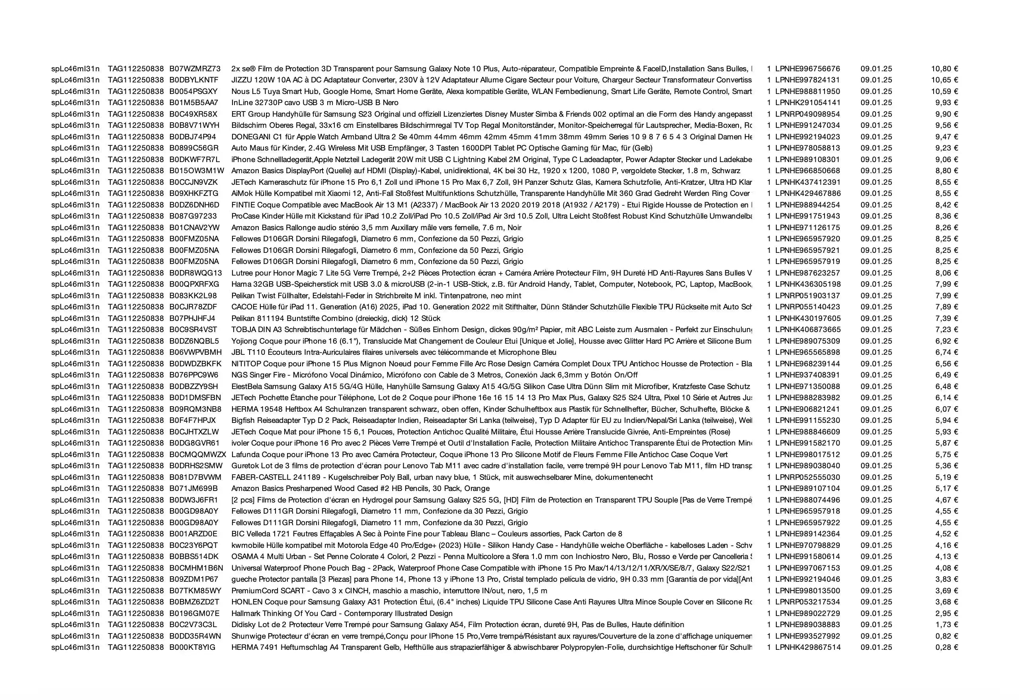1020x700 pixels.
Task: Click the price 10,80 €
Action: click(x=944, y=69)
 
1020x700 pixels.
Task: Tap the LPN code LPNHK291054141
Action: click(x=807, y=103)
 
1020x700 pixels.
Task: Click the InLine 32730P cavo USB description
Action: click(x=315, y=103)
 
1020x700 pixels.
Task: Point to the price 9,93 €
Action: click(x=946, y=103)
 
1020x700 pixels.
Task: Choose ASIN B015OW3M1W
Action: click(x=197, y=171)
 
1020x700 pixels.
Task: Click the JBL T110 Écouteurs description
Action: click(x=394, y=352)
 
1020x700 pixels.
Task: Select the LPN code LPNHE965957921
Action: click(x=807, y=250)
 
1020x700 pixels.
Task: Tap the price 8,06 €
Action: click(x=946, y=273)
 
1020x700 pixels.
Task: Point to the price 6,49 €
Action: click(x=946, y=375)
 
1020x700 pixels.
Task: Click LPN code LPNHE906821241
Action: click(x=807, y=409)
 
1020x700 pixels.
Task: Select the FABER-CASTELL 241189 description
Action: click(x=442, y=477)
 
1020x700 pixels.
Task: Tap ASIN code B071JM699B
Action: click(x=193, y=489)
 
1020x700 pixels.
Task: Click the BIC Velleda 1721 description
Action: click(x=427, y=534)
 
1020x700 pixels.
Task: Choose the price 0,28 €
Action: click(x=946, y=647)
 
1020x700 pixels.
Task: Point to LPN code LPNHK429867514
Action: click(x=807, y=647)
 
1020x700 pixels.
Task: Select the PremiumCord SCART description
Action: click(x=389, y=591)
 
